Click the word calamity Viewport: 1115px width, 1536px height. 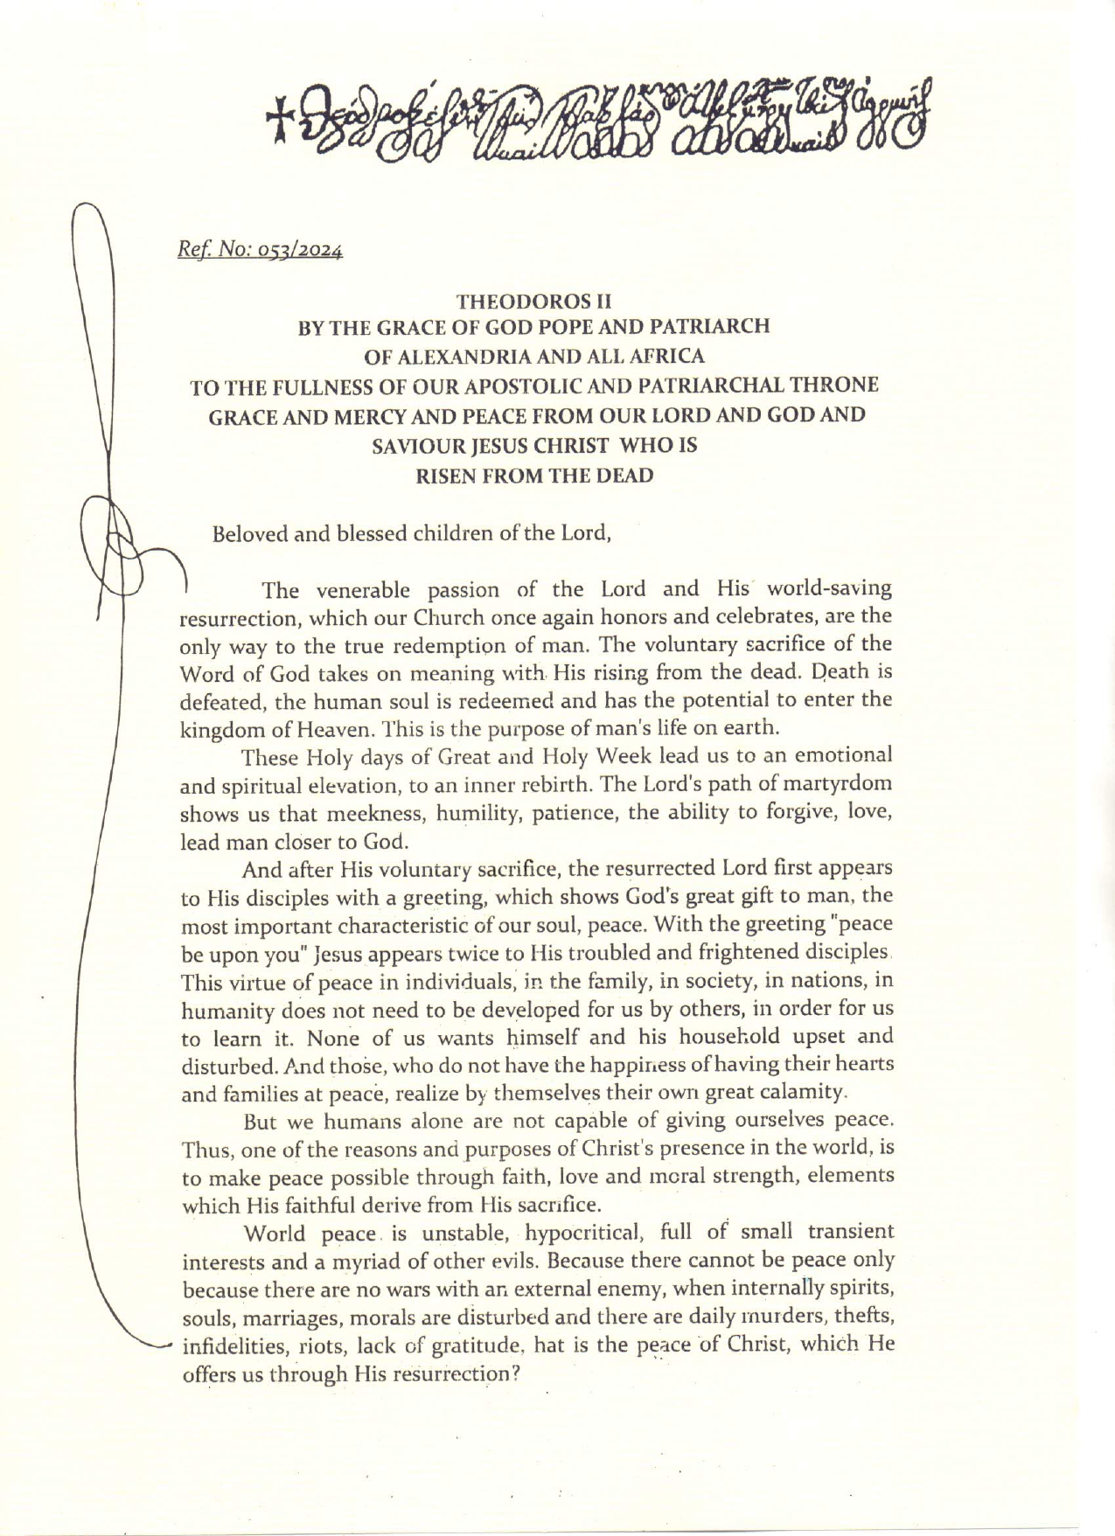point(804,1092)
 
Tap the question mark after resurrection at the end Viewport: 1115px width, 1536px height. point(517,1373)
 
